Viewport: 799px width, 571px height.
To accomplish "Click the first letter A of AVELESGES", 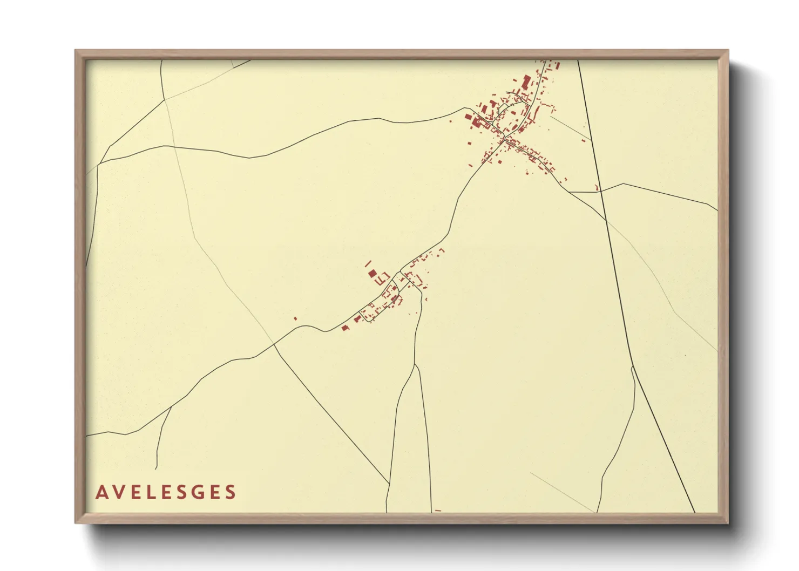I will [x=101, y=492].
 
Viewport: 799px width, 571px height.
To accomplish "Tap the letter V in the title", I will [x=120, y=492].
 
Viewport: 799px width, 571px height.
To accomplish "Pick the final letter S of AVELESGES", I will [x=231, y=492].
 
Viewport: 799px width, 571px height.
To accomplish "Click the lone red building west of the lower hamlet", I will [x=295, y=318].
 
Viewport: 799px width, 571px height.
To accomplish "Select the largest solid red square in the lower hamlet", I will [x=372, y=274].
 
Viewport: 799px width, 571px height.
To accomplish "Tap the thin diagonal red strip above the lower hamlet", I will [x=368, y=263].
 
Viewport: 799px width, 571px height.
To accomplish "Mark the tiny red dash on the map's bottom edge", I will [x=438, y=511].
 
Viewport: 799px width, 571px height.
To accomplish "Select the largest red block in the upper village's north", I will [x=526, y=81].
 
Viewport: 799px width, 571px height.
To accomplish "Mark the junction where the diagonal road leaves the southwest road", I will [x=274, y=344].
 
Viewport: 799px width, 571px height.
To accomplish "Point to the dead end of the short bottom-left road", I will [x=157, y=468].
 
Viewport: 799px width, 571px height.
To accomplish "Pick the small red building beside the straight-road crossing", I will [x=597, y=188].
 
